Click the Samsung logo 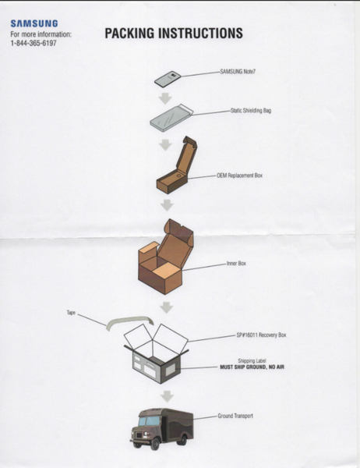pyautogui.click(x=34, y=23)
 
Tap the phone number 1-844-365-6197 pyautogui.click(x=34, y=43)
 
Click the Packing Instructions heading pyautogui.click(x=174, y=33)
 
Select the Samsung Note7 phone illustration pyautogui.click(x=168, y=79)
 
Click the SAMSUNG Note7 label pyautogui.click(x=238, y=72)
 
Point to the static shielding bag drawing pyautogui.click(x=171, y=118)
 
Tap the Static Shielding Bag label pyautogui.click(x=251, y=111)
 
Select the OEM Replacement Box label pyautogui.click(x=239, y=175)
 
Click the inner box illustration pyautogui.click(x=166, y=257)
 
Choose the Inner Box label pyautogui.click(x=236, y=264)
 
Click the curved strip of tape pyautogui.click(x=130, y=322)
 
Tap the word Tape pyautogui.click(x=71, y=313)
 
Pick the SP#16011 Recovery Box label pyautogui.click(x=261, y=335)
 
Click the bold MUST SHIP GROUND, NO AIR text pyautogui.click(x=252, y=367)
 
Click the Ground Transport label pyautogui.click(x=235, y=416)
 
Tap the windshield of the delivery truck pyautogui.click(x=149, y=421)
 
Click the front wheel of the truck pyautogui.click(x=155, y=444)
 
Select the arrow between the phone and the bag pyautogui.click(x=165, y=98)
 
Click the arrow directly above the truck pyautogui.click(x=167, y=396)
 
